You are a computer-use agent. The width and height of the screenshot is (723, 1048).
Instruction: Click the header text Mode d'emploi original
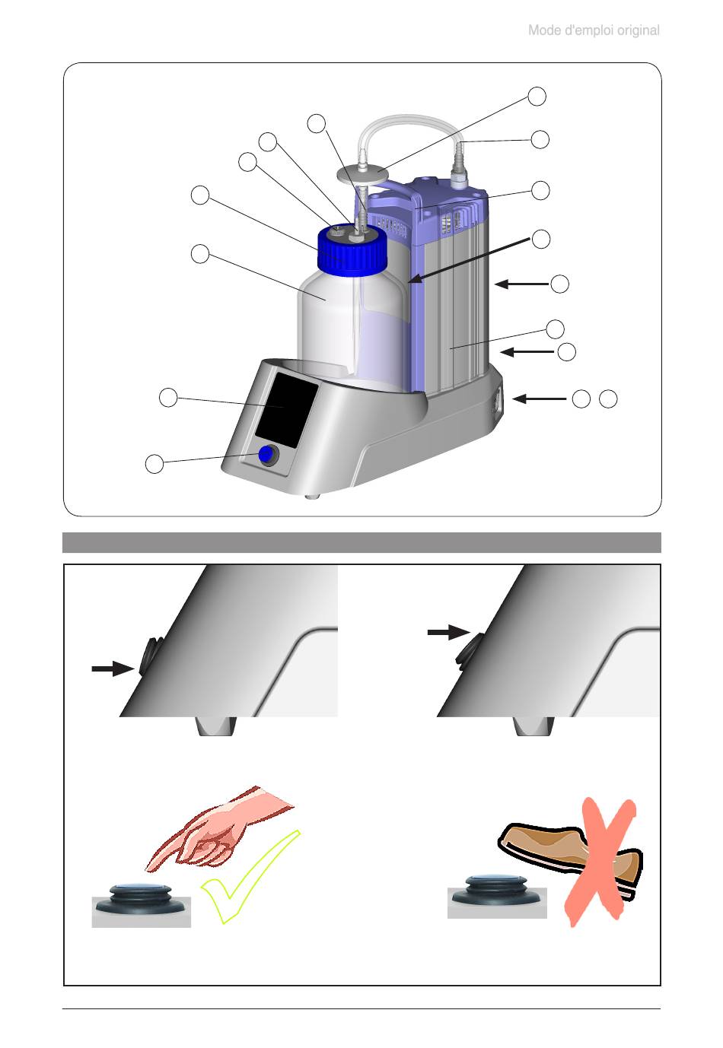pos(594,31)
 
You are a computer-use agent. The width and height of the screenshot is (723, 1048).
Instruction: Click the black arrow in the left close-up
pos(111,668)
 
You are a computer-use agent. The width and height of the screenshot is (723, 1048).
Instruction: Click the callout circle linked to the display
pos(168,396)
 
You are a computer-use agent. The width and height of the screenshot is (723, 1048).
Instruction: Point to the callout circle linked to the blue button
pos(154,463)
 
